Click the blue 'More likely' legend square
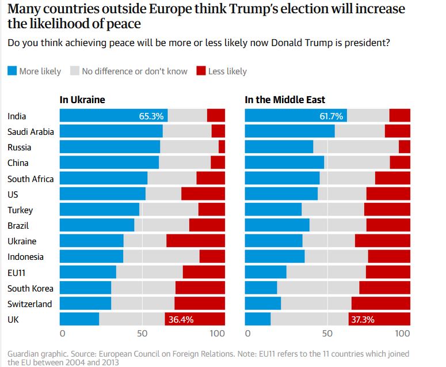[12, 71]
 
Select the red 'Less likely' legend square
[201, 71]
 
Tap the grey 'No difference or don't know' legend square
[75, 71]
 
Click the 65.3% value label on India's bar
[151, 116]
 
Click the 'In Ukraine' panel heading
[82, 100]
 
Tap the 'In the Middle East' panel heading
[284, 100]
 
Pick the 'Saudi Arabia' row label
[31, 131]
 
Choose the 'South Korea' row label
[31, 288]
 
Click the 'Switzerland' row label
[29, 304]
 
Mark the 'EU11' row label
[17, 273]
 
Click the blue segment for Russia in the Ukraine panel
[109, 147]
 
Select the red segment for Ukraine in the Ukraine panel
[196, 241]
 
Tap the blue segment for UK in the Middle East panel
[257, 319]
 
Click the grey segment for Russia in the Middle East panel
[356, 147]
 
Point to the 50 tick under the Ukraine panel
[142, 334]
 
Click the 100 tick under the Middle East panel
[403, 334]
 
